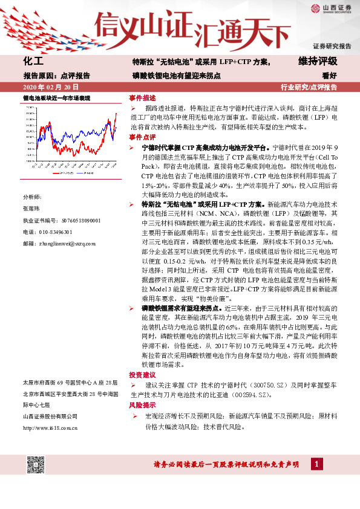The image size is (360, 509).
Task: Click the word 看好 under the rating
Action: point(329,76)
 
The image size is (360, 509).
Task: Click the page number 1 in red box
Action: point(315,464)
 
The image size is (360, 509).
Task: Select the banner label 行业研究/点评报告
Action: point(309,88)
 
